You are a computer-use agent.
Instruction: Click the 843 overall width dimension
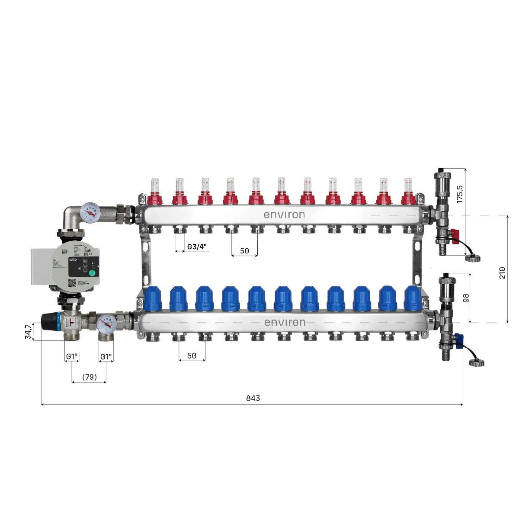(253, 398)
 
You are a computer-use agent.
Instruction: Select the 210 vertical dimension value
(502, 272)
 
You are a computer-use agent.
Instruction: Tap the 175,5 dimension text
(460, 194)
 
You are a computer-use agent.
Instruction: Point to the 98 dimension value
(466, 298)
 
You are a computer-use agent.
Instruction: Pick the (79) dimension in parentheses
(89, 377)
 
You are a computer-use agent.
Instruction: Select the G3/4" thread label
(197, 247)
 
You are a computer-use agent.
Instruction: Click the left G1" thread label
(72, 356)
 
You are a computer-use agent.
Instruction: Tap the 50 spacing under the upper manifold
(244, 251)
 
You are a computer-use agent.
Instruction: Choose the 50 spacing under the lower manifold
(192, 356)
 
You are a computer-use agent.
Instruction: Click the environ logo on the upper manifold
(284, 215)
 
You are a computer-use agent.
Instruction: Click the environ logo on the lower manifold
(284, 323)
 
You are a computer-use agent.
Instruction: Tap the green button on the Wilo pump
(92, 272)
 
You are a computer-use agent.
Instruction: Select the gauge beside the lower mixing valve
(106, 323)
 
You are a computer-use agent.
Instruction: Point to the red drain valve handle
(454, 234)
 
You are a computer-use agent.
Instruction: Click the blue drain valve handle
(457, 339)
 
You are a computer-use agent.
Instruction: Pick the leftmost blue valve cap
(152, 298)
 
